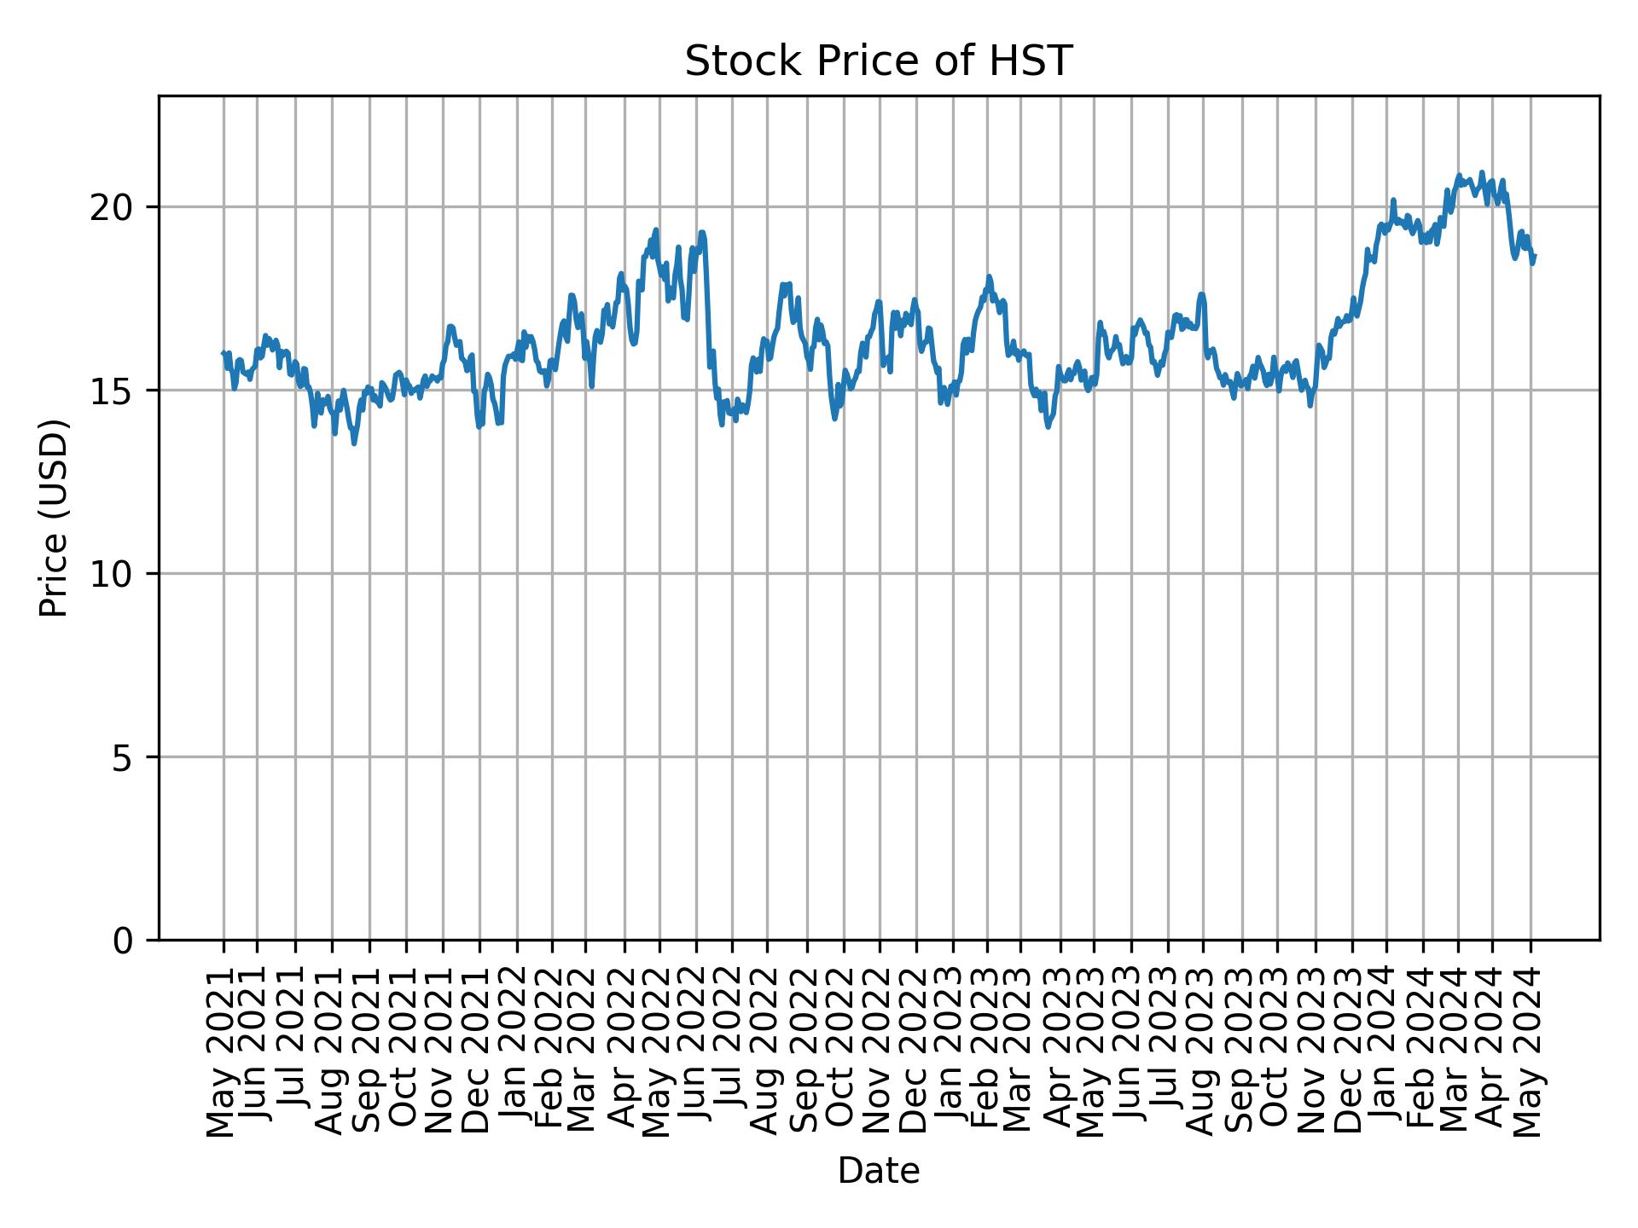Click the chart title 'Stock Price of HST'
pyautogui.click(x=878, y=62)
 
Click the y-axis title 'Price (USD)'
pyautogui.click(x=54, y=518)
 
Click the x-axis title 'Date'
pyautogui.click(x=878, y=1171)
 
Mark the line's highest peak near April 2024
pyautogui.click(x=1481, y=173)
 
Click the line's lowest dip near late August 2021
pyautogui.click(x=354, y=443)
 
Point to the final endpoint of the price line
pyautogui.click(x=1534, y=256)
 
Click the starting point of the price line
pyautogui.click(x=224, y=353)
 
